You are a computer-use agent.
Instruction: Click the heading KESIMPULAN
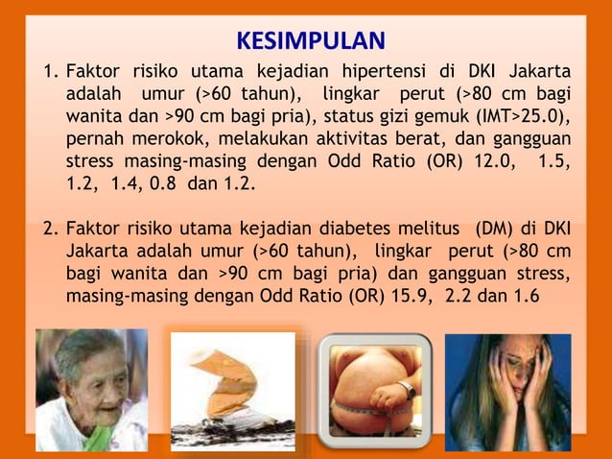[310, 41]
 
